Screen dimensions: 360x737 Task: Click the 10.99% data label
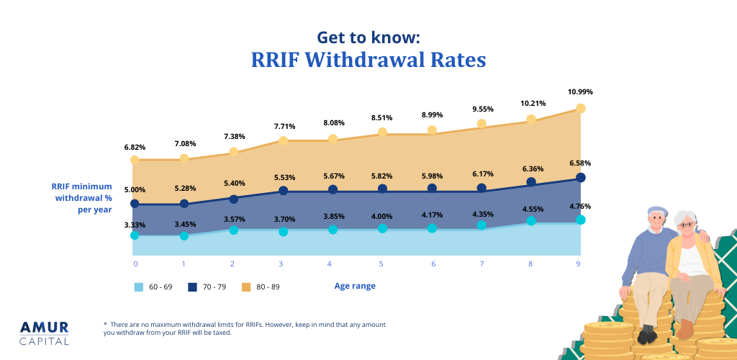(580, 92)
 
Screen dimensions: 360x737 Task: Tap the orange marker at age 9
(580, 108)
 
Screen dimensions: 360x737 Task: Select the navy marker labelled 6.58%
(580, 177)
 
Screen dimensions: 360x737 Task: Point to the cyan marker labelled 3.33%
(135, 235)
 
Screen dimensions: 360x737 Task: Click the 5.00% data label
(135, 190)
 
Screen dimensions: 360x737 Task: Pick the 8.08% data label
(333, 123)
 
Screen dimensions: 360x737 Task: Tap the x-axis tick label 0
(135, 264)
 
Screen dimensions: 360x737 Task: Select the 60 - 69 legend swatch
(139, 287)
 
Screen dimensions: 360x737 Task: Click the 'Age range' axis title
(355, 286)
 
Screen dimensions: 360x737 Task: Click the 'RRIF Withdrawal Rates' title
(368, 60)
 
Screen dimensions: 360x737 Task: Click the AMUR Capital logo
(45, 332)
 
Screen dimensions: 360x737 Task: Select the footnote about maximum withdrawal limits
(245, 328)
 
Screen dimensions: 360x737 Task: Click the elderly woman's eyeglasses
(688, 225)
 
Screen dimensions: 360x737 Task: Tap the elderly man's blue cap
(657, 211)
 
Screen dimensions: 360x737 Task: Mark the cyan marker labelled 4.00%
(382, 228)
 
